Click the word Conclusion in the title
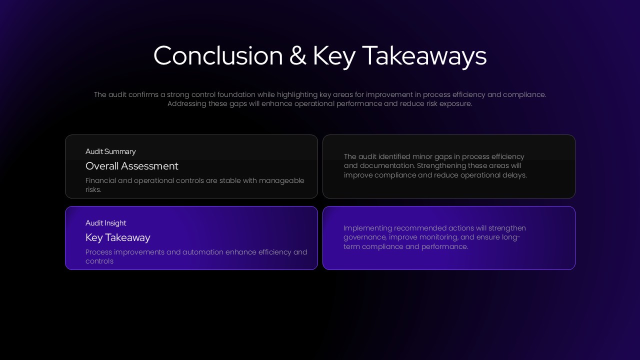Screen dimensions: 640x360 [218, 55]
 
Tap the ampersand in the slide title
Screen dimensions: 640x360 [297, 55]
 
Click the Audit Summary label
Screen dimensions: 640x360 [110, 151]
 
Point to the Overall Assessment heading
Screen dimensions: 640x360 [131, 166]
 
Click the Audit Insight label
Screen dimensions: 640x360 [105, 223]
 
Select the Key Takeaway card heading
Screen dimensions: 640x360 [117, 237]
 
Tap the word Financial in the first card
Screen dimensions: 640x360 [100, 180]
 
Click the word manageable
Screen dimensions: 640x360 [281, 181]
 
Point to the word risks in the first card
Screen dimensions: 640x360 [93, 189]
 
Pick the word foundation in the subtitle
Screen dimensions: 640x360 [236, 94]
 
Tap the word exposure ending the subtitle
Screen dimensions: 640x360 [455, 103]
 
